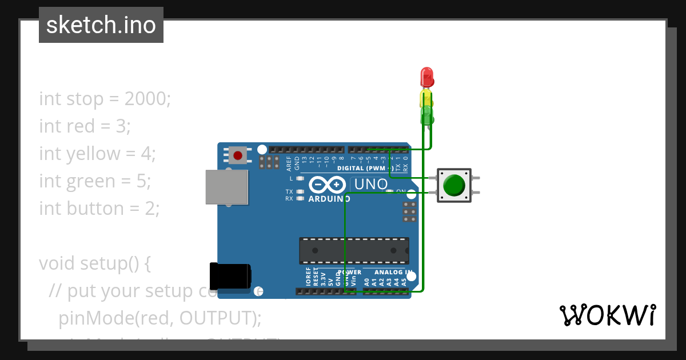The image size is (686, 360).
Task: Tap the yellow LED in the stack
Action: click(x=426, y=97)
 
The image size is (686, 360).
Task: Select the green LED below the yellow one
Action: click(x=427, y=114)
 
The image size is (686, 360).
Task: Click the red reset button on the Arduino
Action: click(x=238, y=155)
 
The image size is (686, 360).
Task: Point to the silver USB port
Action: click(x=226, y=187)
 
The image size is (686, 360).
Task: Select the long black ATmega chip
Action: click(x=354, y=251)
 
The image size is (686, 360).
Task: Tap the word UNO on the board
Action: click(x=370, y=185)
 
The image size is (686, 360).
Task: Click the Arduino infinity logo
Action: click(x=328, y=185)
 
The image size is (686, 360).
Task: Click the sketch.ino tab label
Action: click(x=101, y=25)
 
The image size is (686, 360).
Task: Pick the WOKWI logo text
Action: click(x=607, y=315)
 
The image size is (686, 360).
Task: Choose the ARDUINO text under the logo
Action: click(x=329, y=199)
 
